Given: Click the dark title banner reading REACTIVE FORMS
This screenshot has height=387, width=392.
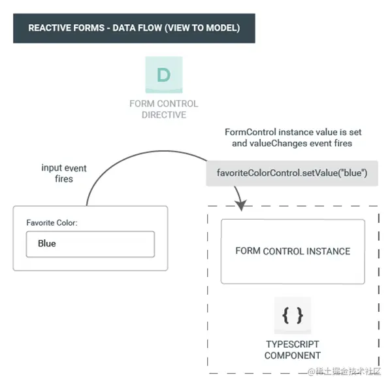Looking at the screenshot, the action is [x=134, y=28].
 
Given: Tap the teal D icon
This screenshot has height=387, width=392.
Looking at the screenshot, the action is [x=163, y=75].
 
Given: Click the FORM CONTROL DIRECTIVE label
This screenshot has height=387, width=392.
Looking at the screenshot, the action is [x=163, y=109].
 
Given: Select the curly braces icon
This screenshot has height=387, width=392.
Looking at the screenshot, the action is [x=293, y=316].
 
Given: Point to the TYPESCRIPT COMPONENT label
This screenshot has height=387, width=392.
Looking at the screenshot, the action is [x=293, y=350].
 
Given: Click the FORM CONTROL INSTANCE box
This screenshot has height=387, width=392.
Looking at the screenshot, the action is [x=293, y=251].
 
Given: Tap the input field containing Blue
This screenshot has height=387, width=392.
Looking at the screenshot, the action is [x=90, y=244].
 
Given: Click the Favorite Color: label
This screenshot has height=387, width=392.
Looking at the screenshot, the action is [x=52, y=222].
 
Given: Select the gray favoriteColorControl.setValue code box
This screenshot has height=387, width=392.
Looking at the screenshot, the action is [x=292, y=174].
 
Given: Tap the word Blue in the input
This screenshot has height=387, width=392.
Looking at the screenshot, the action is [x=47, y=244].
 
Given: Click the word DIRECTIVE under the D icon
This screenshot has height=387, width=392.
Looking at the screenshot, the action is [x=164, y=115].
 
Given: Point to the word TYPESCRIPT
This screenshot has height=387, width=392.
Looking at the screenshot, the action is [x=293, y=344].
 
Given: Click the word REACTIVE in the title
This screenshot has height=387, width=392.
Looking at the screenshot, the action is [x=50, y=28].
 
